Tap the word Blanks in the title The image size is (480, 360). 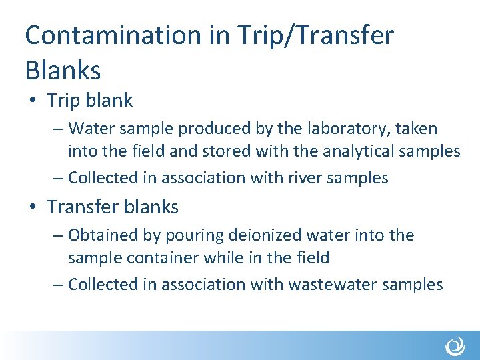(x=63, y=69)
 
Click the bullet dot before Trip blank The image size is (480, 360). (x=33, y=101)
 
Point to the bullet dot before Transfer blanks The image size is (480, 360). (x=33, y=207)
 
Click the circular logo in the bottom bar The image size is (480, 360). (x=455, y=346)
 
